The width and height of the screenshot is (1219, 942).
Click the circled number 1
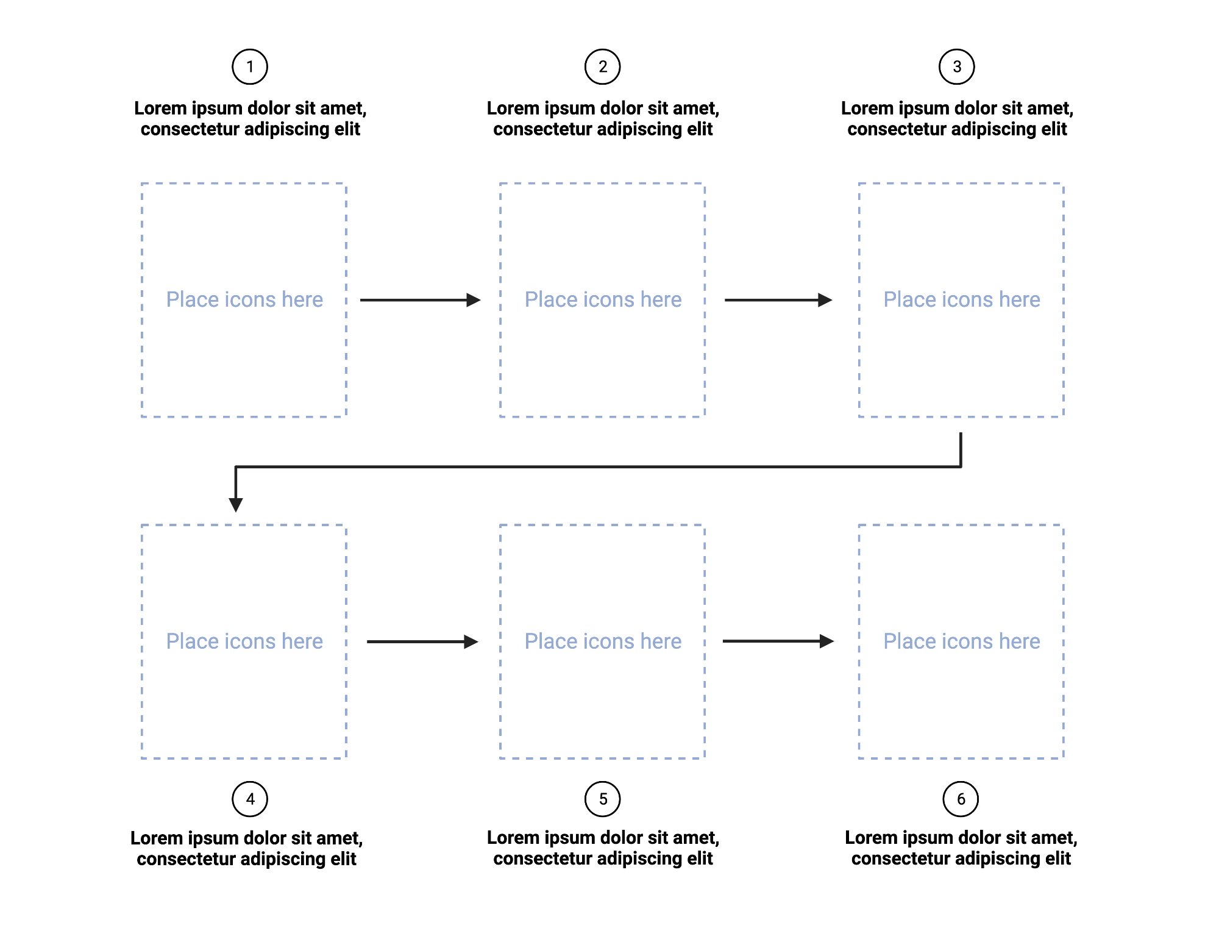(x=250, y=67)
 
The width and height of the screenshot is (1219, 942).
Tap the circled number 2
(x=602, y=67)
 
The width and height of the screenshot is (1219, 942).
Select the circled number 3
(x=956, y=67)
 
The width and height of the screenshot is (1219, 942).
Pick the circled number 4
(x=250, y=799)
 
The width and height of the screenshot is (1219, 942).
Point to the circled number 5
(x=602, y=799)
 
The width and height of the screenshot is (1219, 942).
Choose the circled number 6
(x=961, y=799)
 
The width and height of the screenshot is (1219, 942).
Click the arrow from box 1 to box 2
(x=420, y=300)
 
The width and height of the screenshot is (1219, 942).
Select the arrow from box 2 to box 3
(x=778, y=300)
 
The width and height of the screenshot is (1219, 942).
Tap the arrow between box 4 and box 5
(x=422, y=641)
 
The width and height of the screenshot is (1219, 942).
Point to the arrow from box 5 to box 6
(x=778, y=641)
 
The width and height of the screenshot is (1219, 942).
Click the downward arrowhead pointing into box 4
(x=236, y=504)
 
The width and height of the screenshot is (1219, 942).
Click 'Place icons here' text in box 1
(x=244, y=299)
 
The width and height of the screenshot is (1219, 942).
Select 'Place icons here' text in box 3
(x=962, y=299)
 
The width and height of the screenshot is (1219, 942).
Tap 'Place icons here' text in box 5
(x=603, y=641)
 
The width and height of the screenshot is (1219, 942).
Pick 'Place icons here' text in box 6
(x=962, y=641)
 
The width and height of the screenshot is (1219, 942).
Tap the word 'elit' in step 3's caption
(x=1054, y=129)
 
